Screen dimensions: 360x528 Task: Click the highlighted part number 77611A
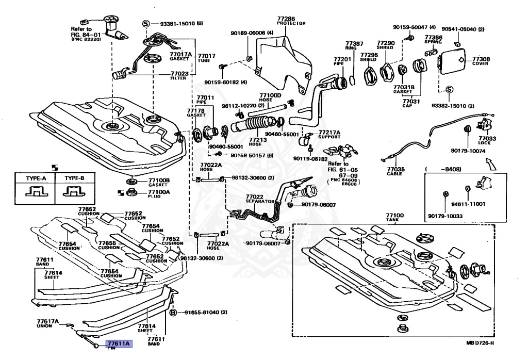119,343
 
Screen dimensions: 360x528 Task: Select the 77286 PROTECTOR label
291,21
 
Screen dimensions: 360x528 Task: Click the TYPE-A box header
36,178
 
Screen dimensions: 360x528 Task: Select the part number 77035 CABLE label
395,171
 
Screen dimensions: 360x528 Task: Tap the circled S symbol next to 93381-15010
145,24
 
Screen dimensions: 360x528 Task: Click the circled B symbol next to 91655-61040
173,313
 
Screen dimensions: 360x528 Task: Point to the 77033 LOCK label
487,141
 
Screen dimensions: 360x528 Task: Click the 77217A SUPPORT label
329,135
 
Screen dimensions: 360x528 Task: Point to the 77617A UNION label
48,323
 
